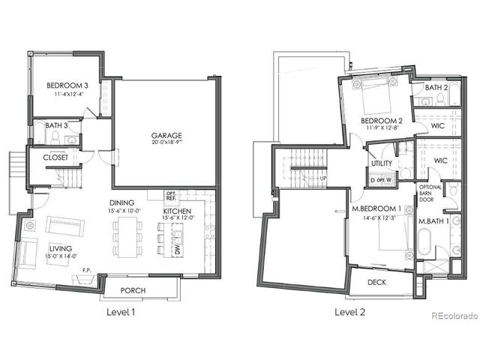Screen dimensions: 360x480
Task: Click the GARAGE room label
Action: tap(166, 136)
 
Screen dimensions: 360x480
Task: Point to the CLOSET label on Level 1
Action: tap(55, 158)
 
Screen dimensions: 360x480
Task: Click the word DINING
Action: tap(121, 202)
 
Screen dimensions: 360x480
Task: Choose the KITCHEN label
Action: tap(177, 212)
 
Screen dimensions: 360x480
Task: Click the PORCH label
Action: tap(133, 291)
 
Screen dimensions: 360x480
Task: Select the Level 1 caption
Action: tap(119, 312)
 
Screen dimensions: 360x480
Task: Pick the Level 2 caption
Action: tap(350, 312)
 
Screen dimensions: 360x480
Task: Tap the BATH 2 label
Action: tap(436, 88)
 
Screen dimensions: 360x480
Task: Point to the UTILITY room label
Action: tap(382, 163)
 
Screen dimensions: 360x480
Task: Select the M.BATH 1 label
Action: tap(433, 223)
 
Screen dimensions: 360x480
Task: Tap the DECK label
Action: tap(378, 283)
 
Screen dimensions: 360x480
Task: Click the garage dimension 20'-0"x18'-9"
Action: tap(166, 144)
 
